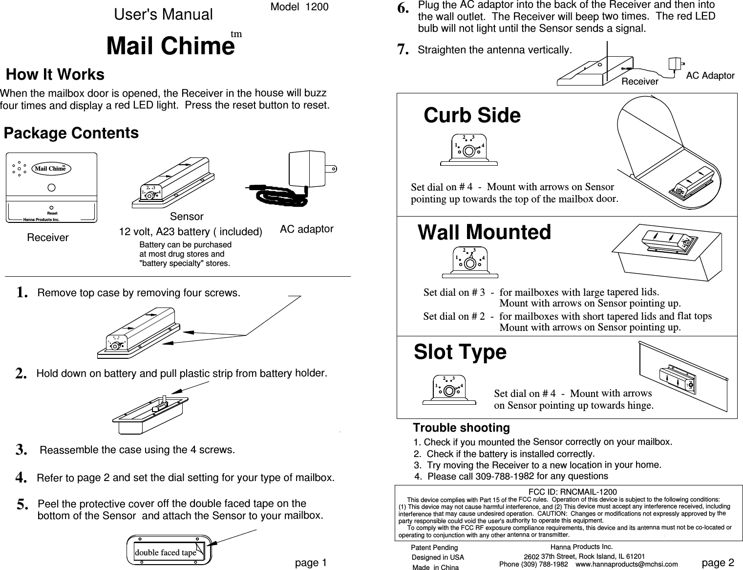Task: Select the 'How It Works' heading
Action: (55, 75)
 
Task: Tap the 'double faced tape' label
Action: (165, 552)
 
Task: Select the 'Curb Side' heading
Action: (472, 116)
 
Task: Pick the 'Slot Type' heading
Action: (460, 352)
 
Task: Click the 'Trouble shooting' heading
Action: (461, 428)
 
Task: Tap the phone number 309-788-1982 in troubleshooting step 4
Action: (505, 476)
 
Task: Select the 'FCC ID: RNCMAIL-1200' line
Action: (573, 492)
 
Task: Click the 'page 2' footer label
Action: (718, 563)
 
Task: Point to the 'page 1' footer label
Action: (311, 563)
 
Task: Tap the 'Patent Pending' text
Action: (435, 548)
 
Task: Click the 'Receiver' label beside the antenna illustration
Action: (639, 82)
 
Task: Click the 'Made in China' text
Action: (435, 567)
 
